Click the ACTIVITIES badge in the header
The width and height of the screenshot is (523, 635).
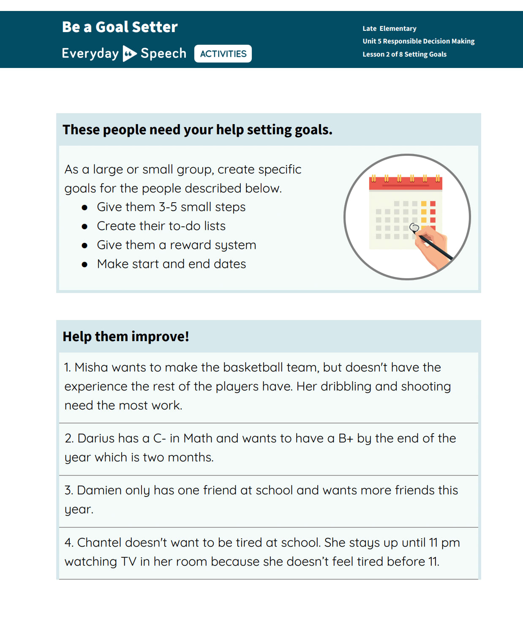tap(223, 54)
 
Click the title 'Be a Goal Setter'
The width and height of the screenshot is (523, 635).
tap(120, 27)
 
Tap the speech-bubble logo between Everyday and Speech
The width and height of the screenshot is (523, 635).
tap(129, 54)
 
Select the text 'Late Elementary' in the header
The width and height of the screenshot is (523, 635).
tap(389, 28)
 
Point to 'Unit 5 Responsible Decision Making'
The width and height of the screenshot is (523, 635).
tap(418, 41)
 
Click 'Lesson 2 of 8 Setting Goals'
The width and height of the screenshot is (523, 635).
tap(404, 54)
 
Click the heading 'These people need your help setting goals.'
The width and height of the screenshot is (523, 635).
tap(197, 130)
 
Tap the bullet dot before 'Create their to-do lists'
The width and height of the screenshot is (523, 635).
tap(84, 227)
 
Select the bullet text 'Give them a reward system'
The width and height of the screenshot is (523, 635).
tap(176, 245)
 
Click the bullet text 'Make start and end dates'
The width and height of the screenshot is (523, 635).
tap(171, 264)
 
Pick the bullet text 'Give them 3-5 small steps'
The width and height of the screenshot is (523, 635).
tap(171, 207)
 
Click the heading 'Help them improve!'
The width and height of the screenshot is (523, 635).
tap(125, 336)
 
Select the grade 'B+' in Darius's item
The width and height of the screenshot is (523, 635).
tap(346, 438)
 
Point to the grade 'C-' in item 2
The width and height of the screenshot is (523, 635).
tap(159, 438)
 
